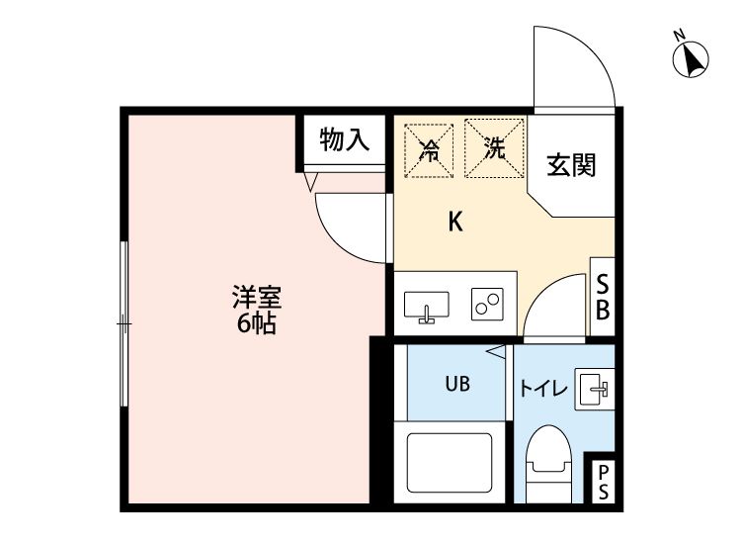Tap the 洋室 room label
click(257, 296)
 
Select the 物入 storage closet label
click(344, 140)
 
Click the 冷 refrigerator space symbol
click(430, 149)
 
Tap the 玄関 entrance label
click(572, 165)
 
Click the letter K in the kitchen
click(455, 222)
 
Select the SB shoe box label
click(601, 297)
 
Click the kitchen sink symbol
click(426, 307)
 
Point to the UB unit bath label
click(455, 383)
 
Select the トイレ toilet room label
click(542, 389)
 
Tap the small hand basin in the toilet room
click(596, 387)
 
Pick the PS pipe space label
click(602, 483)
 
